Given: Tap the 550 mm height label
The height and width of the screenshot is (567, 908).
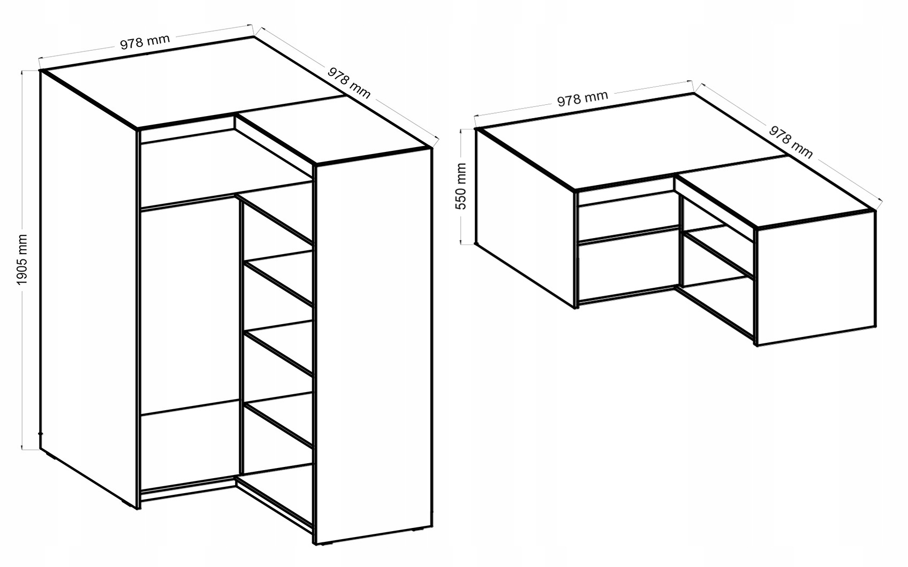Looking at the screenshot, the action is [x=461, y=186].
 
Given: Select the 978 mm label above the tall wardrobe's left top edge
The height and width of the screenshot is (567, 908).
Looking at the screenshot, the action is [x=145, y=42].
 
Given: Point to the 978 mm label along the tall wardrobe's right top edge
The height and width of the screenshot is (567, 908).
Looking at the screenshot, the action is [x=349, y=83].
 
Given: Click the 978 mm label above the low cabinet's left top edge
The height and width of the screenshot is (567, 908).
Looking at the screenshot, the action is [x=582, y=98].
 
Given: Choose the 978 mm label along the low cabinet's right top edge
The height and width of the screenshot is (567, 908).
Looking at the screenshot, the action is [x=791, y=142].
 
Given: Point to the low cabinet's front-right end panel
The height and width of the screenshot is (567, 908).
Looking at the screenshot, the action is [x=815, y=278].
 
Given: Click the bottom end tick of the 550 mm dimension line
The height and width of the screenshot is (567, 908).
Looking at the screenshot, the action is [x=467, y=244].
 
